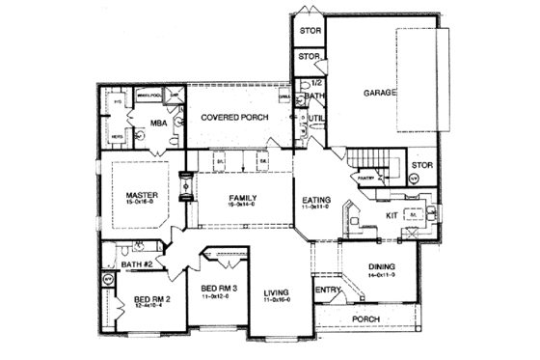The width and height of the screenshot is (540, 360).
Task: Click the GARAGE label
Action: [x=381, y=94]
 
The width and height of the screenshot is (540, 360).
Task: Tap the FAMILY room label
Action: [x=241, y=198]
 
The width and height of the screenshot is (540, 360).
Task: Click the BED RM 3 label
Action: [x=215, y=288]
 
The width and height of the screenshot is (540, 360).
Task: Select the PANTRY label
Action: [x=364, y=178]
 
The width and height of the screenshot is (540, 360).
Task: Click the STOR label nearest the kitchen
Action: [x=422, y=165]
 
